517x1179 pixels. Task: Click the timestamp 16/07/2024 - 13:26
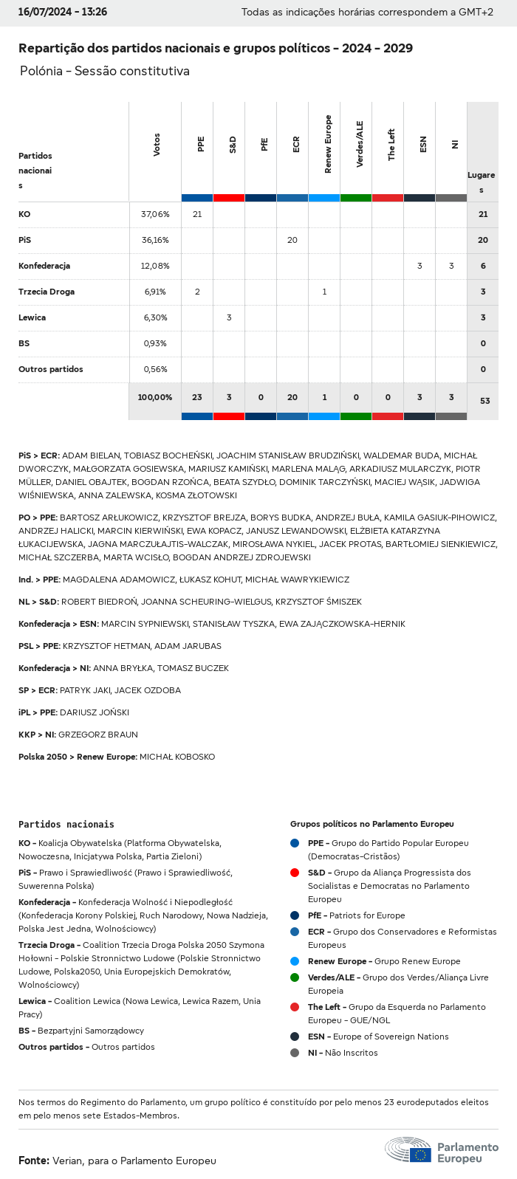pos(63,12)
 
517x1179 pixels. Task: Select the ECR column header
pos(296,144)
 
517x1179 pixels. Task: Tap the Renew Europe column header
pos(328,144)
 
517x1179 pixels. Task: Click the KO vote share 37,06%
pos(155,214)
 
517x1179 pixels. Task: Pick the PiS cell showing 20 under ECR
pos(292,240)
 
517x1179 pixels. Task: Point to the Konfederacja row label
pos(44,266)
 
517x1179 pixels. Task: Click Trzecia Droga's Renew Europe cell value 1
pos(325,292)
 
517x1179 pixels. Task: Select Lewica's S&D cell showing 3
pos(229,317)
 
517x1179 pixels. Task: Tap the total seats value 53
pos(485,401)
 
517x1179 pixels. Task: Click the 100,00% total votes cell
pos(155,397)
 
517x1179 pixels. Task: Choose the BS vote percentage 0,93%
pos(155,343)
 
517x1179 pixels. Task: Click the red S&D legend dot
pos(295,873)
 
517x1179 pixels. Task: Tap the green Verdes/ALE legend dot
pos(295,977)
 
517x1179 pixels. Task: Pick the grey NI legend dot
pos(295,1053)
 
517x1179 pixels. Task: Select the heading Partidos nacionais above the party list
pos(66,824)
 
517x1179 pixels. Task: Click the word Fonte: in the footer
pos(34,1161)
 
